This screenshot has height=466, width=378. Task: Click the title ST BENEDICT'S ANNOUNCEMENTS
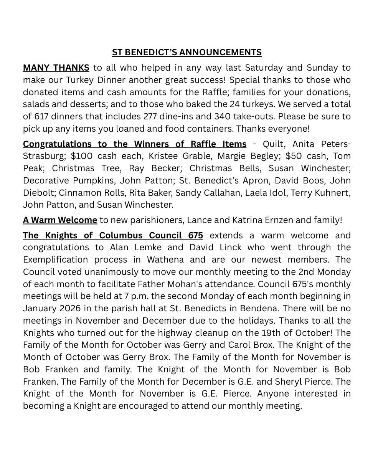click(187, 53)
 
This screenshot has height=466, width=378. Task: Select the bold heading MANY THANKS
click(56, 68)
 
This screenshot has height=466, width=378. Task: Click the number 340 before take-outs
click(222, 116)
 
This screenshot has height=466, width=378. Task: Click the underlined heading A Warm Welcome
click(60, 220)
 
